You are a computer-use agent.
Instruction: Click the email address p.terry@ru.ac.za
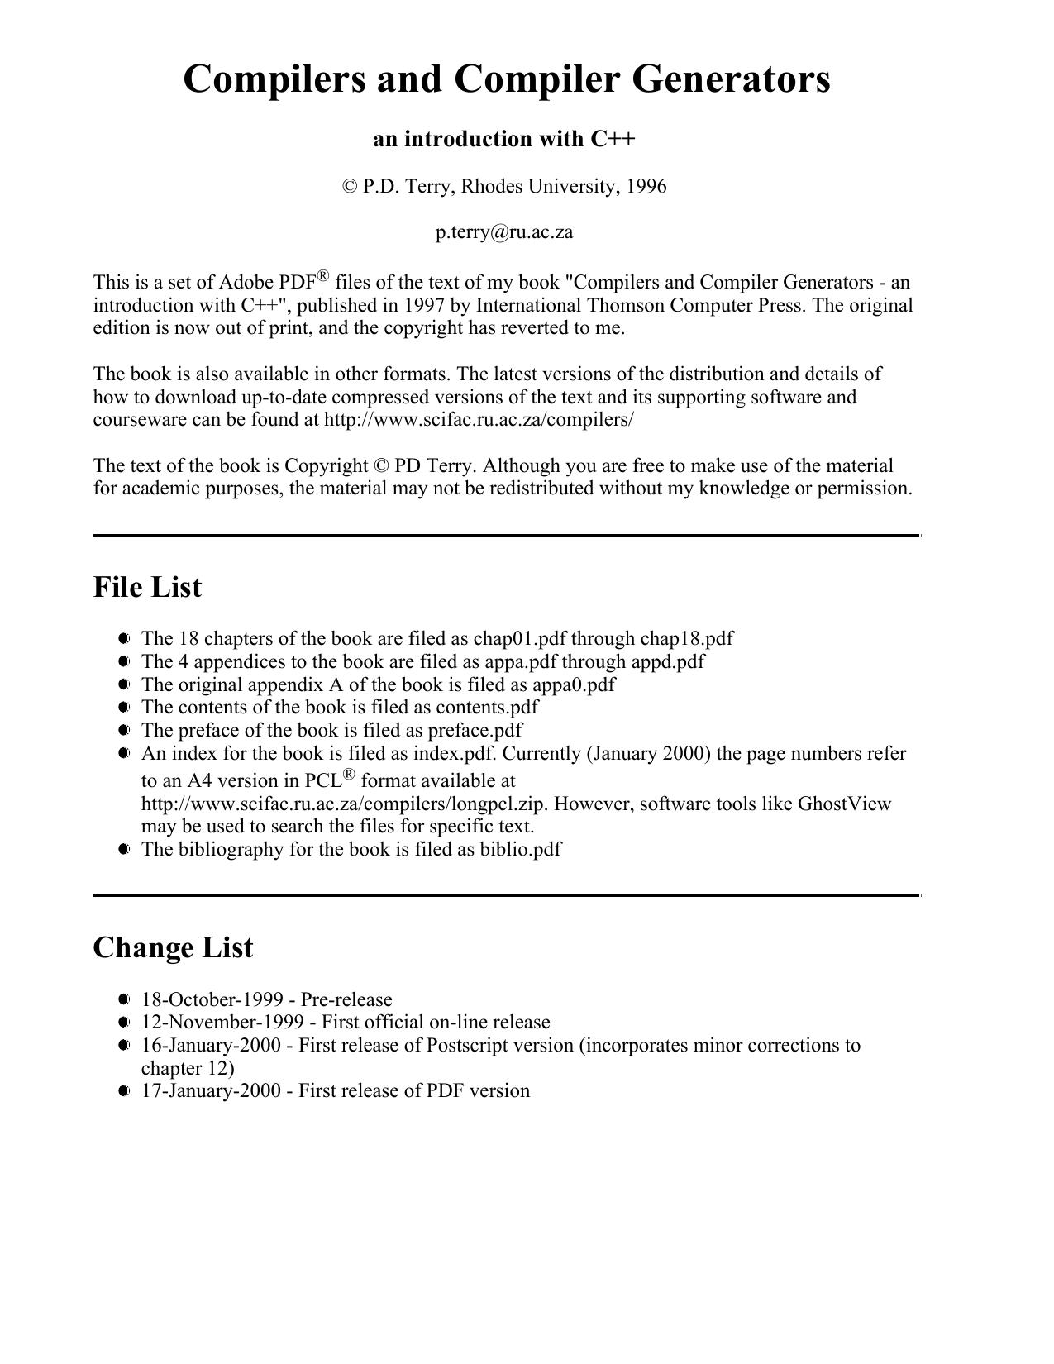[504, 232]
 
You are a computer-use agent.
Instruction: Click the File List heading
[147, 587]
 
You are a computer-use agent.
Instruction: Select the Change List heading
[173, 947]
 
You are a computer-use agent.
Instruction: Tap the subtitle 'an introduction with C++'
[504, 139]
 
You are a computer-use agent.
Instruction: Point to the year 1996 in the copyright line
[646, 187]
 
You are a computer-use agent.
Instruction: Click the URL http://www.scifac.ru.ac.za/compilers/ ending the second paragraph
[479, 420]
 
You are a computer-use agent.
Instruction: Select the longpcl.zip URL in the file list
[342, 804]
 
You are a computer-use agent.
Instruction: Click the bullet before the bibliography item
[124, 850]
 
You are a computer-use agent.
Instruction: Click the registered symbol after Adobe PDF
[323, 276]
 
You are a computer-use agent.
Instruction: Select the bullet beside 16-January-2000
[124, 1046]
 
